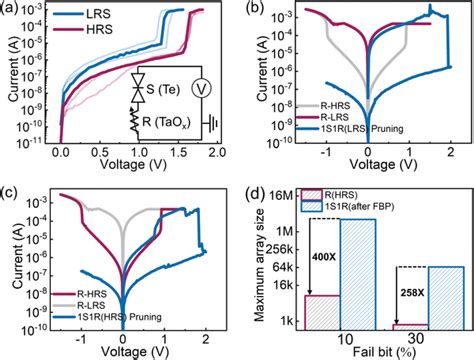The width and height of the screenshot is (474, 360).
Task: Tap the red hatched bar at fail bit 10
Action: (x=322, y=311)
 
